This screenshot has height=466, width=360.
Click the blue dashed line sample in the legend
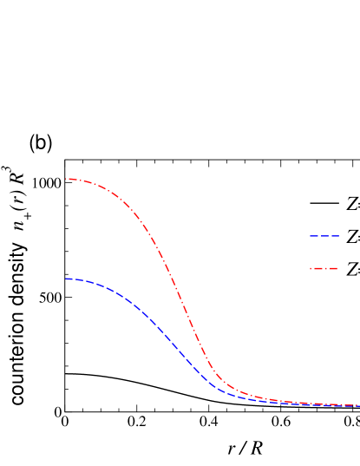[324, 236]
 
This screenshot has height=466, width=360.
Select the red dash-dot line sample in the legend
[324, 268]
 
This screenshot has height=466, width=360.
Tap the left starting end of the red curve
[68, 179]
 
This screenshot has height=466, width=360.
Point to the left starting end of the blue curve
[67, 279]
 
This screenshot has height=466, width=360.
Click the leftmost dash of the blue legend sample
[314, 236]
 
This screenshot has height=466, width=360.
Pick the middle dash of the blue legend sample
[324, 236]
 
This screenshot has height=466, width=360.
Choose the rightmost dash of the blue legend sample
[335, 236]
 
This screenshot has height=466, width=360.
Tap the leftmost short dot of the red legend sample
[311, 268]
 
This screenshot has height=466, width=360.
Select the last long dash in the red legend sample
[332, 268]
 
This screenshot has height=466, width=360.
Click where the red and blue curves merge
[321, 404]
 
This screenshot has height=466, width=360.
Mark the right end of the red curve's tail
[357, 405]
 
